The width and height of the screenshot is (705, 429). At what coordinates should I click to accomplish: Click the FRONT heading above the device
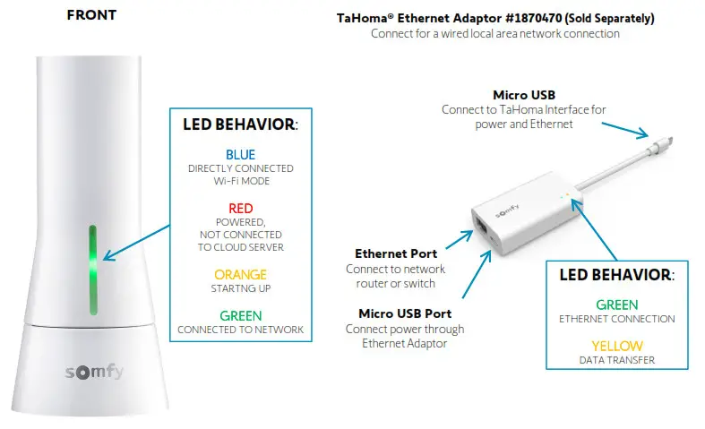90,15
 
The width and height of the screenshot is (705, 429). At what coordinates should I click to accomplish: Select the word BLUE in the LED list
240,155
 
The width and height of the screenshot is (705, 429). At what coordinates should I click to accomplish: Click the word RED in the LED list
240,208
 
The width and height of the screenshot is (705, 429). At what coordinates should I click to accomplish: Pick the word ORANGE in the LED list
240,275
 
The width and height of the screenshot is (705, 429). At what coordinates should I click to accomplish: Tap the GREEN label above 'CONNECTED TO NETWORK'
240,315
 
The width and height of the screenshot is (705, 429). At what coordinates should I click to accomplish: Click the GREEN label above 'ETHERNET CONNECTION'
616,305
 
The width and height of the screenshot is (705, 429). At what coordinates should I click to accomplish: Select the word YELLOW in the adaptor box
616,346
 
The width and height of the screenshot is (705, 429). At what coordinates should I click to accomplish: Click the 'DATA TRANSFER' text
616,360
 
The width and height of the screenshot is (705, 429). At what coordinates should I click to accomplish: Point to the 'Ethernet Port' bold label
396,254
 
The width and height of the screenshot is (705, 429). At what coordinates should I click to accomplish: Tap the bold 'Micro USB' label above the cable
524,95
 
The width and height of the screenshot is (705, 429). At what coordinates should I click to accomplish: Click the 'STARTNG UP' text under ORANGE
240,288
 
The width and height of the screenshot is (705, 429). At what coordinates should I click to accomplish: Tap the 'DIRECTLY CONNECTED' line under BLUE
240,168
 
